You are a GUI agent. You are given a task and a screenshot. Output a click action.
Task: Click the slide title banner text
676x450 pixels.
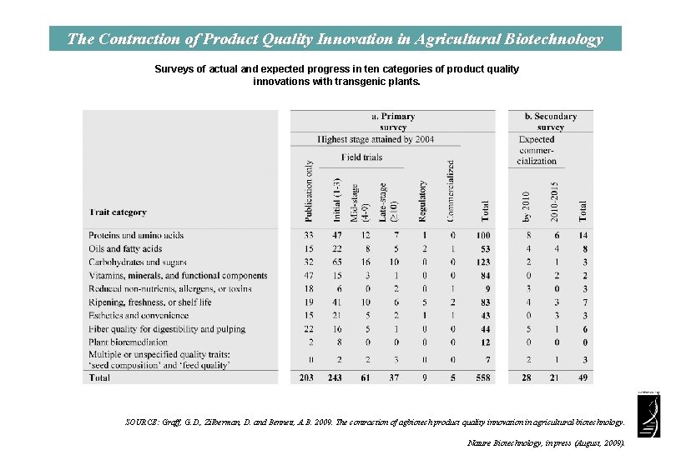point(335,39)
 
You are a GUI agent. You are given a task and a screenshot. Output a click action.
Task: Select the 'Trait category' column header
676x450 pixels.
point(118,212)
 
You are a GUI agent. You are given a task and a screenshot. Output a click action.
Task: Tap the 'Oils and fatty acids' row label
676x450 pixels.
point(125,248)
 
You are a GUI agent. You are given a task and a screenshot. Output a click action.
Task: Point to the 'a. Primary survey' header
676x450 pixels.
point(393,122)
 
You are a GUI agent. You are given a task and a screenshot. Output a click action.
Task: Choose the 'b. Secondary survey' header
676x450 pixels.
point(551,122)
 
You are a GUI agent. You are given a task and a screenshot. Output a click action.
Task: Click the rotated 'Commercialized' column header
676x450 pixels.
point(452,191)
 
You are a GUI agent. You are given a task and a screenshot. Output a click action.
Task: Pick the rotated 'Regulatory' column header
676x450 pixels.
point(423,200)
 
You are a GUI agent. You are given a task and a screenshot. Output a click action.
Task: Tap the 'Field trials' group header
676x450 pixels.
point(362,157)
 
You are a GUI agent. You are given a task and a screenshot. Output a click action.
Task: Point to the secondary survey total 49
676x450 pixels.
point(583,377)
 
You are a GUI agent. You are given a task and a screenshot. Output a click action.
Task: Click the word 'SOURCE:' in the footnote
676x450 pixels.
point(139,422)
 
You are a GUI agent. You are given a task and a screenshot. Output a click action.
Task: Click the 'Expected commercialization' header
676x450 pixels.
point(537,150)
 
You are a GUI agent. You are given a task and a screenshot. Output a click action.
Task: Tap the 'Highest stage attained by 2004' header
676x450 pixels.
point(376,139)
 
